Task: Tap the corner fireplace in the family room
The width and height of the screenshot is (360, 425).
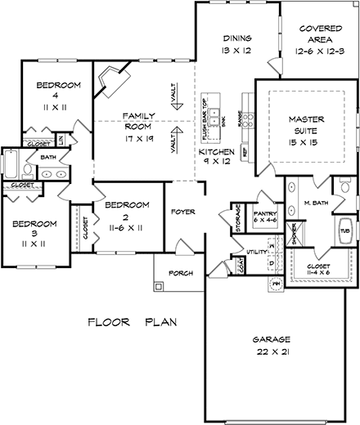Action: pyautogui.click(x=110, y=83)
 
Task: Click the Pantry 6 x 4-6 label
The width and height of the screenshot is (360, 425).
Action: pyautogui.click(x=266, y=217)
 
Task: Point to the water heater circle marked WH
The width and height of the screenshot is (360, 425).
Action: pyautogui.click(x=277, y=282)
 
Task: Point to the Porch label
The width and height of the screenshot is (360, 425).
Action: pyautogui.click(x=180, y=272)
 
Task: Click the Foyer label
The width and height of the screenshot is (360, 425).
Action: pyautogui.click(x=182, y=212)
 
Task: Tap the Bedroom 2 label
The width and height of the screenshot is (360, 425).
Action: pyautogui.click(x=128, y=210)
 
